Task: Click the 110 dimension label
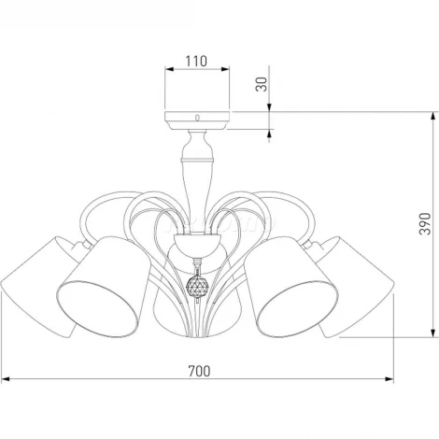[x=196, y=61]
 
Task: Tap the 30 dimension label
[x=262, y=84]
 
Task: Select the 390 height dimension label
[x=425, y=224]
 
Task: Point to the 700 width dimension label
[x=199, y=371]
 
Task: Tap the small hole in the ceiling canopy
[x=197, y=118]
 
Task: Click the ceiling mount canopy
[x=197, y=120]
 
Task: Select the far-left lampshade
[x=37, y=287]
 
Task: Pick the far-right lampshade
[x=357, y=287]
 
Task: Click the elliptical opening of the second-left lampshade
[x=98, y=308]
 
